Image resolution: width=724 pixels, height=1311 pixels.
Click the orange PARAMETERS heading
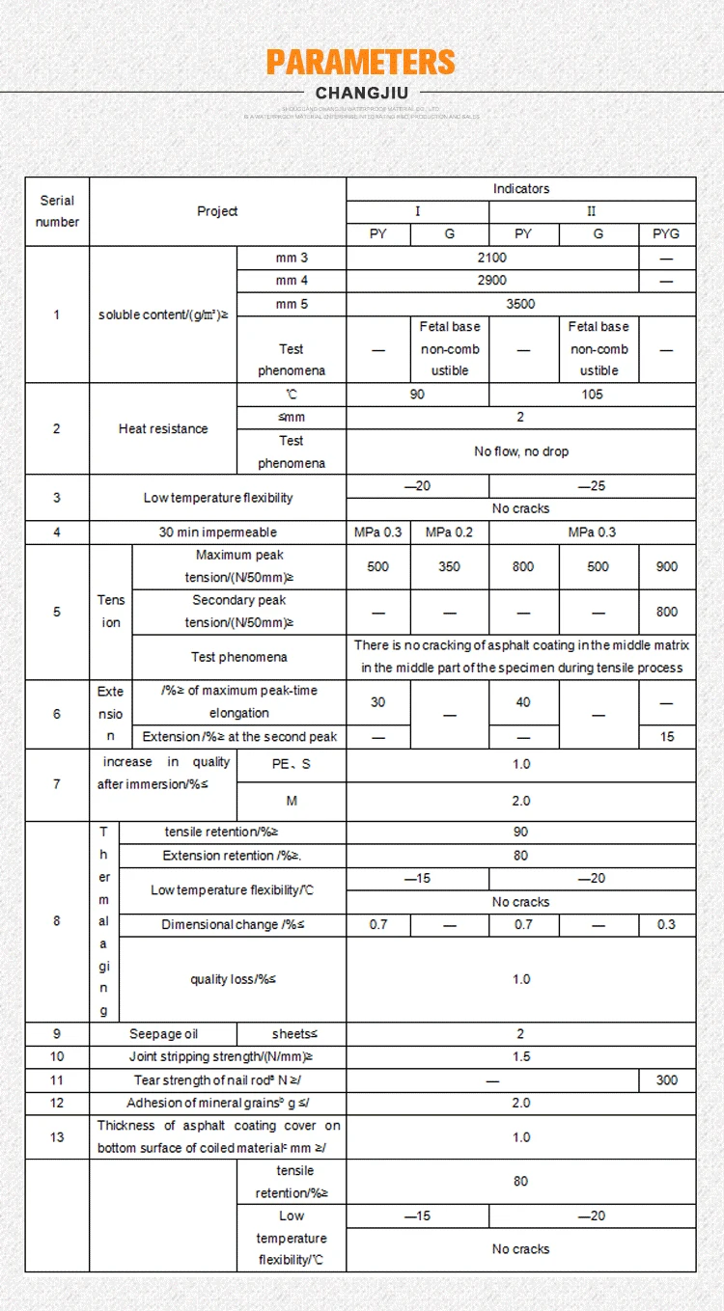pyautogui.click(x=361, y=63)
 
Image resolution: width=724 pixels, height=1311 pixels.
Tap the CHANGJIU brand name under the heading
pyautogui.click(x=362, y=94)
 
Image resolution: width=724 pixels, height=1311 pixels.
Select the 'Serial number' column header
pyautogui.click(x=57, y=211)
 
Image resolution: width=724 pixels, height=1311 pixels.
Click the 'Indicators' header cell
pyautogui.click(x=521, y=189)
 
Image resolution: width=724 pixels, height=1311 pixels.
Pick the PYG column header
pyautogui.click(x=666, y=234)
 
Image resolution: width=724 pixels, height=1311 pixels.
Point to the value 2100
pyautogui.click(x=491, y=259)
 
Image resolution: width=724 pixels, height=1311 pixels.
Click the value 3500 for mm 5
pyautogui.click(x=520, y=304)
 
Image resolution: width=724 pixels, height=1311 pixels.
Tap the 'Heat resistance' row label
pyautogui.click(x=163, y=428)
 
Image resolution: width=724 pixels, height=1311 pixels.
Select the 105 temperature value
pyautogui.click(x=592, y=395)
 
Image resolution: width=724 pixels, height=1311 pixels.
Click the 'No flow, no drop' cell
pyautogui.click(x=521, y=451)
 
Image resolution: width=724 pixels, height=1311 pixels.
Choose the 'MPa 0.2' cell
pyautogui.click(x=449, y=533)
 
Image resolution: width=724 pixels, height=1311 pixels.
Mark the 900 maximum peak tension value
pyautogui.click(x=666, y=567)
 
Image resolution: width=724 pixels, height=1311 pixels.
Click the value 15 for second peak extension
pyautogui.click(x=666, y=737)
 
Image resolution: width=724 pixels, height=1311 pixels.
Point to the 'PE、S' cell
pyautogui.click(x=292, y=764)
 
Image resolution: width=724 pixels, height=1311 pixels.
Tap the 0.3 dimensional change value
pyautogui.click(x=666, y=925)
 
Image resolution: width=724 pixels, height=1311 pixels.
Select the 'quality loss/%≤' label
pyautogui.click(x=233, y=979)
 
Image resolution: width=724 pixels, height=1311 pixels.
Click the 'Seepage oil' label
pyautogui.click(x=163, y=1034)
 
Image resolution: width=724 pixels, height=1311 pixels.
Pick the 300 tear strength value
pyautogui.click(x=666, y=1080)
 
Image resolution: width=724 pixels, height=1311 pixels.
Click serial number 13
pyautogui.click(x=57, y=1137)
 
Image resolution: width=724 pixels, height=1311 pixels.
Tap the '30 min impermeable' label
pyautogui.click(x=217, y=533)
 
